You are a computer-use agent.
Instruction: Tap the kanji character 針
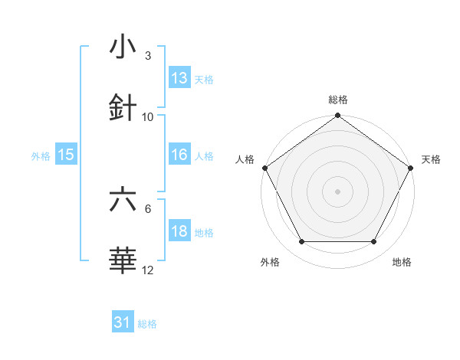tap(123, 108)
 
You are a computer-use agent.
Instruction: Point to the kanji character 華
tap(123, 260)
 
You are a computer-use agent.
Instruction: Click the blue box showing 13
tap(179, 77)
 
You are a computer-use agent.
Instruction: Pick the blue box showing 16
tap(179, 155)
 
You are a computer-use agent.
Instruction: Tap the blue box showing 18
tap(179, 231)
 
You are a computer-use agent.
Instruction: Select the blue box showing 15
tap(66, 155)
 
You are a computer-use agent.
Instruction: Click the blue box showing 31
tap(123, 322)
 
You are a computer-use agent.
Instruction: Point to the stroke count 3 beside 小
tap(148, 56)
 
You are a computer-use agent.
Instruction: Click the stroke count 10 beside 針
tap(148, 116)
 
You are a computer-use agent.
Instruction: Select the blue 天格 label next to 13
tap(204, 80)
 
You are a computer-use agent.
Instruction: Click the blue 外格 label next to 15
tap(41, 156)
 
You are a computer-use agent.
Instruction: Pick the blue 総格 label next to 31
tap(147, 324)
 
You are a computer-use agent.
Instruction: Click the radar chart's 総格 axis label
tap(338, 100)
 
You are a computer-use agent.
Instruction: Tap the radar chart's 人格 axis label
tap(245, 159)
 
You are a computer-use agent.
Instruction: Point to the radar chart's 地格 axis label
tap(402, 263)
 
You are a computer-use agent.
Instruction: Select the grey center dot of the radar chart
tap(338, 191)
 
